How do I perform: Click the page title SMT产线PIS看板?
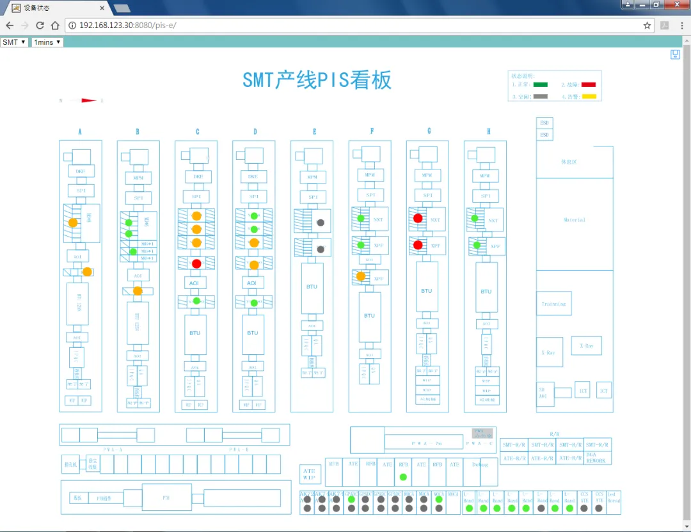click(317, 81)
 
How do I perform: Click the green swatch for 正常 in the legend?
click(541, 84)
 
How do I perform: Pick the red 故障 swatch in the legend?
click(589, 84)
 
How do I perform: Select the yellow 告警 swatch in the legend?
click(589, 97)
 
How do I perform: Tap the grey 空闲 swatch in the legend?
click(541, 97)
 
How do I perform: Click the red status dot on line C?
click(196, 263)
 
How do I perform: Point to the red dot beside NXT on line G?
click(418, 218)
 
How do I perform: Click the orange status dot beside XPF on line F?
click(361, 276)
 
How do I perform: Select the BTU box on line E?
click(312, 287)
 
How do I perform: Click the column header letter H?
click(489, 132)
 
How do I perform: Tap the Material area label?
click(574, 220)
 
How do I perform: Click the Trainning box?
click(553, 304)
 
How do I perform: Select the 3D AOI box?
click(545, 393)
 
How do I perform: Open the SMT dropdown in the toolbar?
click(14, 42)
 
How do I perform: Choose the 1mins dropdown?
click(48, 42)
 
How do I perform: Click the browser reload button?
click(40, 26)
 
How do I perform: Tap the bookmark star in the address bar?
click(647, 26)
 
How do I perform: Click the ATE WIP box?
click(309, 474)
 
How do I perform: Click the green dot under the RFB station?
click(403, 477)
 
